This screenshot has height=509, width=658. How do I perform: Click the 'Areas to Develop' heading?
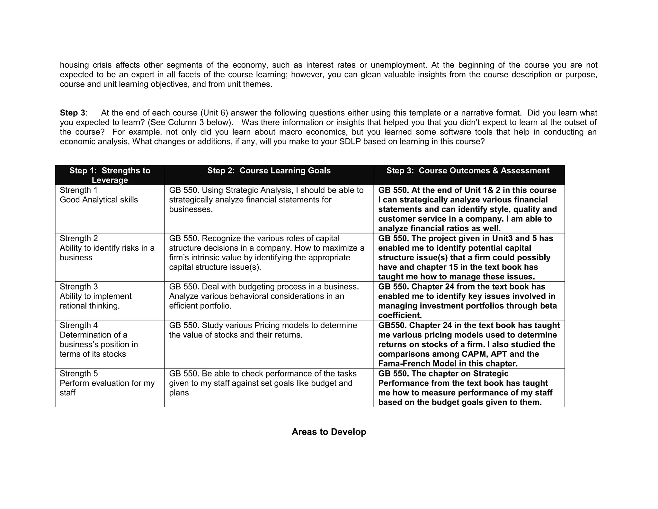(329, 432)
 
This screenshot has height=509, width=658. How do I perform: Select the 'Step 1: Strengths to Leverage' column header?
(110, 175)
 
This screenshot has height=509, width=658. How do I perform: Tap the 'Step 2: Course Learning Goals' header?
(269, 171)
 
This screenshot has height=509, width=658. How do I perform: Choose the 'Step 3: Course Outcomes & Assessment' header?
(468, 171)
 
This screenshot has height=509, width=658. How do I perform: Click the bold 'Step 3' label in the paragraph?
(73, 113)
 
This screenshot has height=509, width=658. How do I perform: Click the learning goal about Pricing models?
(263, 330)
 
